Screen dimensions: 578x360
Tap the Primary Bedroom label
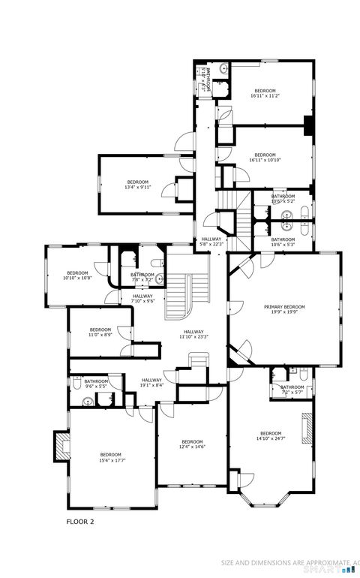pos(284,309)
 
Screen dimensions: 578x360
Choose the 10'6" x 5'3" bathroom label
pos(283,242)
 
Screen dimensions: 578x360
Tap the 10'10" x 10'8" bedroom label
pos(78,275)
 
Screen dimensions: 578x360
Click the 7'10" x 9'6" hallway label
pos(142,299)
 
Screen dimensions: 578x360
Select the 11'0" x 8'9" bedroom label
pos(100,333)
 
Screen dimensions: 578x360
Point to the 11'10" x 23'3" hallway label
pos(192,335)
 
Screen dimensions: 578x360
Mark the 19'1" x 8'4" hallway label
pos(152,384)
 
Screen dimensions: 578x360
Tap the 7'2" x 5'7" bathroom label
pos(292,390)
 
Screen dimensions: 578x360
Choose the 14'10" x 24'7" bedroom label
pos(271,437)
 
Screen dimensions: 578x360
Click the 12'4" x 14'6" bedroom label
pos(192,444)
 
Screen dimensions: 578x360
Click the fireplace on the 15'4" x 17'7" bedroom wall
pos(60,447)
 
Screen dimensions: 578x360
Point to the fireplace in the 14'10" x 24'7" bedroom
pos(306,429)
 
